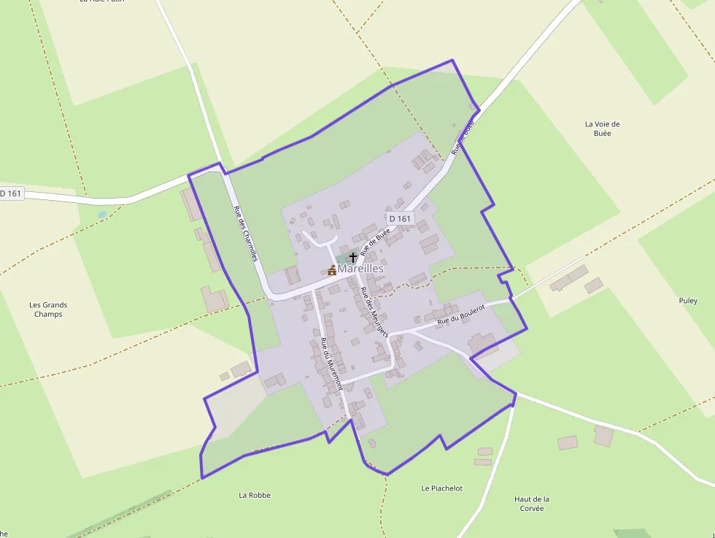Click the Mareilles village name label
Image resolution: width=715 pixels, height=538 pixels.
360,269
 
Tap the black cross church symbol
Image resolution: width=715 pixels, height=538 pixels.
353,257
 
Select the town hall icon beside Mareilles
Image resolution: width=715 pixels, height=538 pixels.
332,270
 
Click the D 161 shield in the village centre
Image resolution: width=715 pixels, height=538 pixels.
400,218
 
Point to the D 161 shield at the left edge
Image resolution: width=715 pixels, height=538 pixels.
11,193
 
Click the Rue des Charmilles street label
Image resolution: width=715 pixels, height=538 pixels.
245,233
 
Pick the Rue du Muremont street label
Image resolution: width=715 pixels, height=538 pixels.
331,363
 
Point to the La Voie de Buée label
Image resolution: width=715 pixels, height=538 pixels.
603,128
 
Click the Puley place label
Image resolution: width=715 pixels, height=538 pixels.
688,301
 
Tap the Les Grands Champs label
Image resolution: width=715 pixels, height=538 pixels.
48,310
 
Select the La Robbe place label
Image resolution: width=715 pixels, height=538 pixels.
255,495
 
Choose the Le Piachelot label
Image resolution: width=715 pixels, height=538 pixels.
442,488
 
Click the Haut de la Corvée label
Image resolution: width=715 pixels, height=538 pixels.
532,504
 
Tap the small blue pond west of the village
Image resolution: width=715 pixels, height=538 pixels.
102,215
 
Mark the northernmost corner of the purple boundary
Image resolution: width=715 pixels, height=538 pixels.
452,61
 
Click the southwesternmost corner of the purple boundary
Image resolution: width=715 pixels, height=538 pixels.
202,477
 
